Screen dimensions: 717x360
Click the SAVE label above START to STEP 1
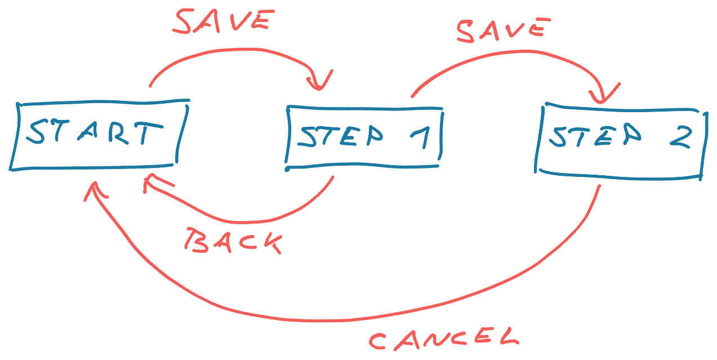[x=224, y=21]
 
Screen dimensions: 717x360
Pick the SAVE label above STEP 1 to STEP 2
[x=504, y=30]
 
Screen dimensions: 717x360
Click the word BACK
[x=233, y=241]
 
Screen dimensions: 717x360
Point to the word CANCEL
[x=444, y=339]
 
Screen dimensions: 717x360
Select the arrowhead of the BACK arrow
[x=153, y=182]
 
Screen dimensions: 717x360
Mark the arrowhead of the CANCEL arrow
[x=95, y=190]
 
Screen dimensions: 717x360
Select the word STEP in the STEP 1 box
[x=340, y=136]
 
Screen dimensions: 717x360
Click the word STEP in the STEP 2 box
[x=595, y=135]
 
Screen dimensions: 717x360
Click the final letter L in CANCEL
[x=509, y=336]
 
